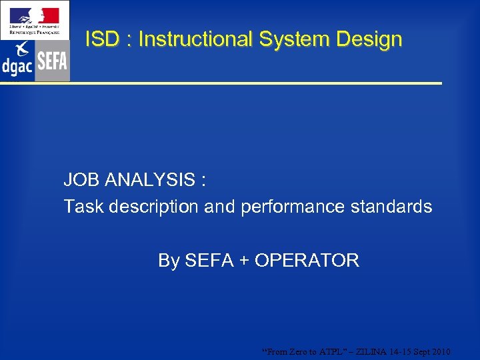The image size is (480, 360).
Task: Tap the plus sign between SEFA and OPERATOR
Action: tap(244, 261)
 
